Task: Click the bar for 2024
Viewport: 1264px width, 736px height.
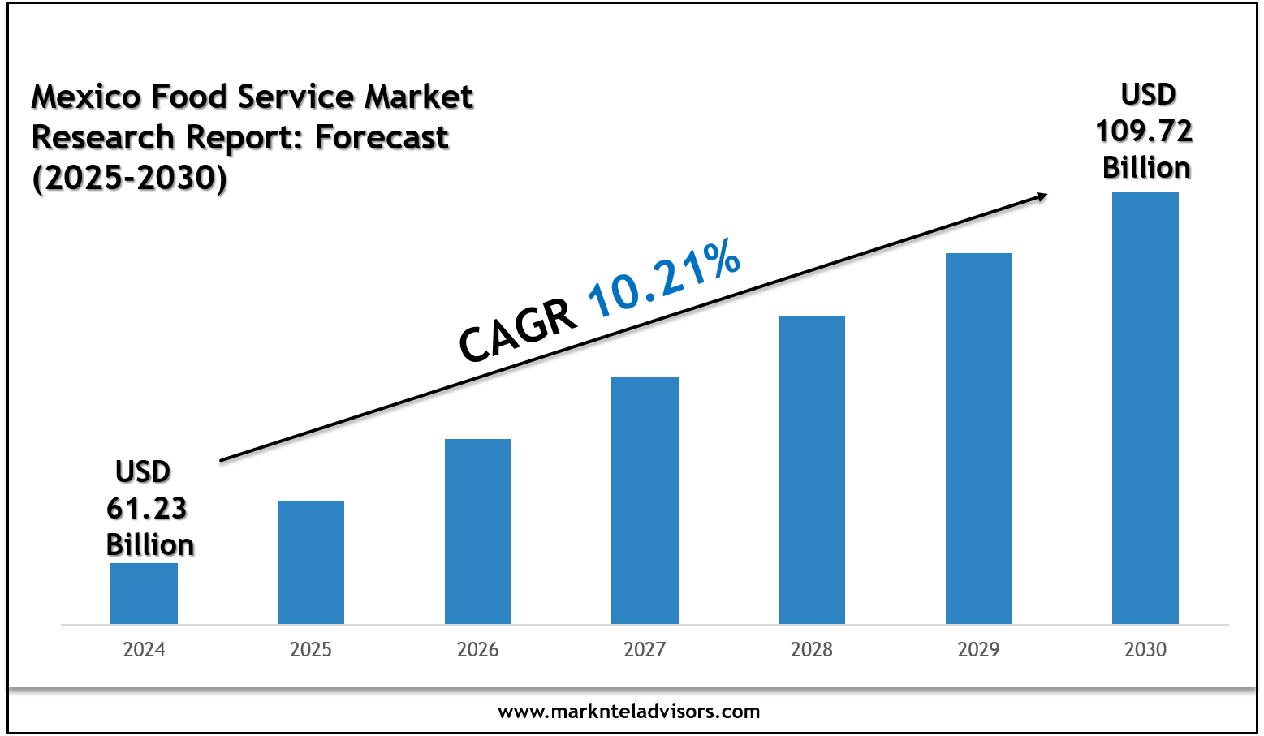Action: [144, 593]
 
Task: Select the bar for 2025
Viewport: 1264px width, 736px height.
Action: [311, 562]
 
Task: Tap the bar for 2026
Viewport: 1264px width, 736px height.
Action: [478, 532]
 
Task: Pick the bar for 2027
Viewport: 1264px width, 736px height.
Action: [645, 501]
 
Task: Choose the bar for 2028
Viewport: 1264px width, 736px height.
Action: [812, 470]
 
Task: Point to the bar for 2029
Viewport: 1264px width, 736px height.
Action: [979, 438]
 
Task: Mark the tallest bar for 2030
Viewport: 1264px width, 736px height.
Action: [1145, 407]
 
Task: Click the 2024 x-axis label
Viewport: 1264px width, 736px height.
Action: [144, 650]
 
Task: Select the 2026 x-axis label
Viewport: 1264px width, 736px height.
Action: [478, 650]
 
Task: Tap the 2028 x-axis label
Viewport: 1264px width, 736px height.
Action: [812, 650]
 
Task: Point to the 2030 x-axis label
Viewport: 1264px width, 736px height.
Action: [1145, 650]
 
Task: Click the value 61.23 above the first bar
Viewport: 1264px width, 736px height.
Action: [147, 509]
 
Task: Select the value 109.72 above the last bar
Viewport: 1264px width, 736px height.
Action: [1144, 131]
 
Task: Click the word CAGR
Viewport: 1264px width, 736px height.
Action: [518, 332]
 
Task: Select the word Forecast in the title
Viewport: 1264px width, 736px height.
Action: [382, 138]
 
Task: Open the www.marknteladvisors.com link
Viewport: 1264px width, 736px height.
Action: [629, 712]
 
